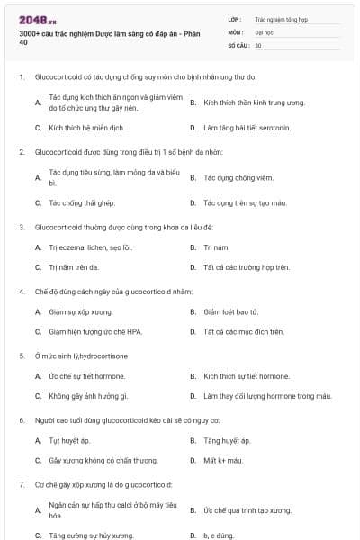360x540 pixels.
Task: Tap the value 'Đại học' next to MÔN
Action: pos(264,31)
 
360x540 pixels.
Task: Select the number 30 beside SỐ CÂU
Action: pos(258,44)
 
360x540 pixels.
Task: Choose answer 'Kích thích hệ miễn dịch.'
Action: pos(80,128)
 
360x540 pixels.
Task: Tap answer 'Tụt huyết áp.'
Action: pos(69,440)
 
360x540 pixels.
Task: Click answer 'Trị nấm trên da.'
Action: pos(74,267)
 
